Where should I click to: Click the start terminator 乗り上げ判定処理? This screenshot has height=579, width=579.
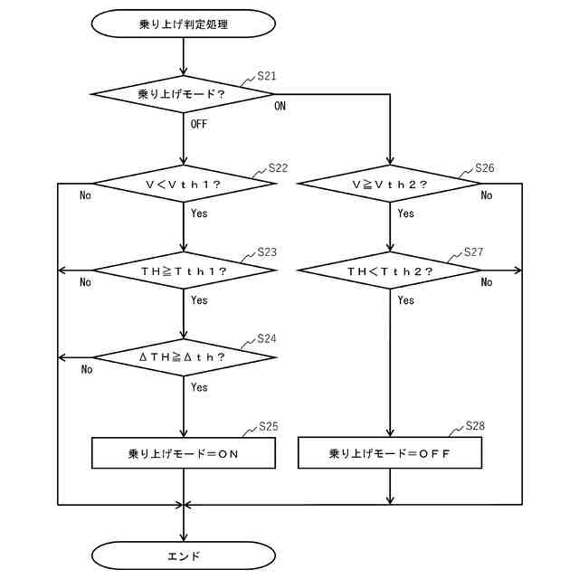184,24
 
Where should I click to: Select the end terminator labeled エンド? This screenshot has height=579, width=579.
184,555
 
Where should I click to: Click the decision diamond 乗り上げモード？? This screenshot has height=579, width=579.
184,93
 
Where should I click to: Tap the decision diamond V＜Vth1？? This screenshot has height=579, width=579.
184,185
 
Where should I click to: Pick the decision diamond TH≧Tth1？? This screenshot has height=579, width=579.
184,271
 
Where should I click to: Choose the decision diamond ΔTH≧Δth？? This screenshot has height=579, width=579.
184,357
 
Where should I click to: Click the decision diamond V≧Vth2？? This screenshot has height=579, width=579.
390,185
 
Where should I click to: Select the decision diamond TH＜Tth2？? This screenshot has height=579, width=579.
390,271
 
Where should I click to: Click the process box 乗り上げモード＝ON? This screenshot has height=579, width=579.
184,453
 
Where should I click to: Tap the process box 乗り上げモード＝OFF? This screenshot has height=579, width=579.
390,453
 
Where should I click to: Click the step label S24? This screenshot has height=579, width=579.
267,339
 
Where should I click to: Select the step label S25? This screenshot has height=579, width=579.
268,426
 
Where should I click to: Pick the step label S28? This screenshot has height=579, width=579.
475,426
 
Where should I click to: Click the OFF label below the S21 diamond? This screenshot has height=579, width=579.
199,124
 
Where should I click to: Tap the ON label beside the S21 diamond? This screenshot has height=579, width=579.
280,106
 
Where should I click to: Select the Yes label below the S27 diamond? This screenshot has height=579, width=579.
405,300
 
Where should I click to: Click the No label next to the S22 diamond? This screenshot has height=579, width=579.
85,195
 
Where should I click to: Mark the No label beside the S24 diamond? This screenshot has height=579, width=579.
87,369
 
